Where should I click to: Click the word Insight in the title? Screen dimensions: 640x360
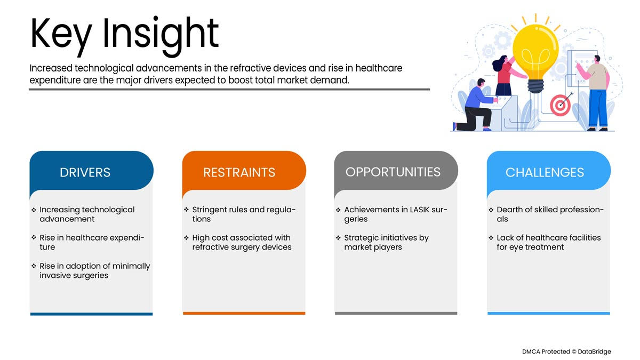(161, 36)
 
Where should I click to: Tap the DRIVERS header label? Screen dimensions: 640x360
(85, 172)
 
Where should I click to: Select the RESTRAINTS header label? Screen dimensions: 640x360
(239, 172)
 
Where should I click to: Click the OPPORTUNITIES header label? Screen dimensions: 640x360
(393, 172)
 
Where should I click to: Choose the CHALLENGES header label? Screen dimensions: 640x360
(545, 172)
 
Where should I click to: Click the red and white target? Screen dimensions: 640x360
(561, 106)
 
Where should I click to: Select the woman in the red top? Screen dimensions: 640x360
(506, 75)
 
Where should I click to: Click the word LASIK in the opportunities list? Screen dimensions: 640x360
(419, 210)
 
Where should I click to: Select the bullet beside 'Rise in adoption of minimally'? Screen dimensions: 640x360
(34, 266)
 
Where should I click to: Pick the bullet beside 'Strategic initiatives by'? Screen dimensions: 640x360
(338, 238)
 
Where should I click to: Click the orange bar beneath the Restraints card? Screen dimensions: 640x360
(244, 314)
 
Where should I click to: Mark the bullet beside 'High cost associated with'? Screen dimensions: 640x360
(186, 238)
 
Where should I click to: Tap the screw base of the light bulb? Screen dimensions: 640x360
(535, 86)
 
